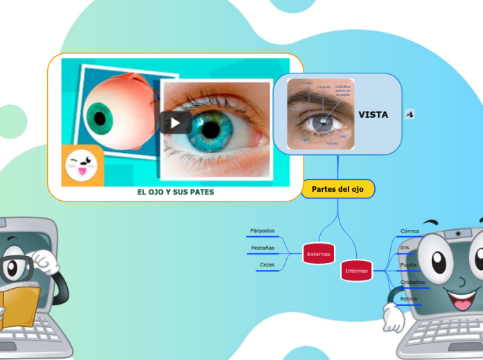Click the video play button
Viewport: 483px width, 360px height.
175,123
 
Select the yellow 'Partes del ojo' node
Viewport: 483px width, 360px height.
337,189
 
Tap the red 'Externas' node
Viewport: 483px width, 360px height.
319,255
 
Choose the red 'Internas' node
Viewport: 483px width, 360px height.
357,271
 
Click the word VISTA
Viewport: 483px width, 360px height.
373,115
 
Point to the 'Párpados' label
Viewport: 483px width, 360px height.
262,231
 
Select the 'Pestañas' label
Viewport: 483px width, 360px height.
263,248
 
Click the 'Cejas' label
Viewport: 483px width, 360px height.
267,264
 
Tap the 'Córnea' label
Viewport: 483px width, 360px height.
410,231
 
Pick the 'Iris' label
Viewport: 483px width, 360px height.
405,247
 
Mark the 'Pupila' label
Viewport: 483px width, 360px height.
408,264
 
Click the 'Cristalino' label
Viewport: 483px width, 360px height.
412,282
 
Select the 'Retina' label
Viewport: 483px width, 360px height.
409,298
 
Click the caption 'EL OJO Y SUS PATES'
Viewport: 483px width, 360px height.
175,192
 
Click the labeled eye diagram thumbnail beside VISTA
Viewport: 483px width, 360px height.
321,114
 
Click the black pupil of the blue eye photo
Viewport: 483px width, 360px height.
211,129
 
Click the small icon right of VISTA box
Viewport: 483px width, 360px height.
410,114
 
